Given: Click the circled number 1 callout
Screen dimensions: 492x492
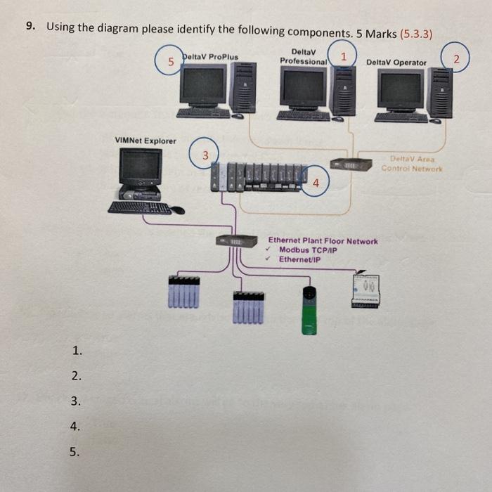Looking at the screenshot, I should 344,55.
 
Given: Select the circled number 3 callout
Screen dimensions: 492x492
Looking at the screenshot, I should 205,153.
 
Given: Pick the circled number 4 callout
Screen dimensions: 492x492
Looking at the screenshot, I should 316,182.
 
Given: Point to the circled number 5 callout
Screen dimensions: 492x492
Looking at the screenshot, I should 170,62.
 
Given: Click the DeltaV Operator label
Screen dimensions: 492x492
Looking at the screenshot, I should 396,63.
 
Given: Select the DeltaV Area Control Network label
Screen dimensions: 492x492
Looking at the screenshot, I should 412,164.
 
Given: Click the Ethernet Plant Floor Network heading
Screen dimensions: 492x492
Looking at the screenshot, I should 323,241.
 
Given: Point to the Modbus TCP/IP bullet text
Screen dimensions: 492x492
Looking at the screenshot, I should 308,250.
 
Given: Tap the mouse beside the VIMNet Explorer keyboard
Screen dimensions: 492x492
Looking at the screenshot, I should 179,209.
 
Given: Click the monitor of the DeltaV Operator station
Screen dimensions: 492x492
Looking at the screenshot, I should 401,89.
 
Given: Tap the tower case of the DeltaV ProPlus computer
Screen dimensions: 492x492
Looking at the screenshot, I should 244,88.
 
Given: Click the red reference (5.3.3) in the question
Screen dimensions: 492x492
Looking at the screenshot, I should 415,33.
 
